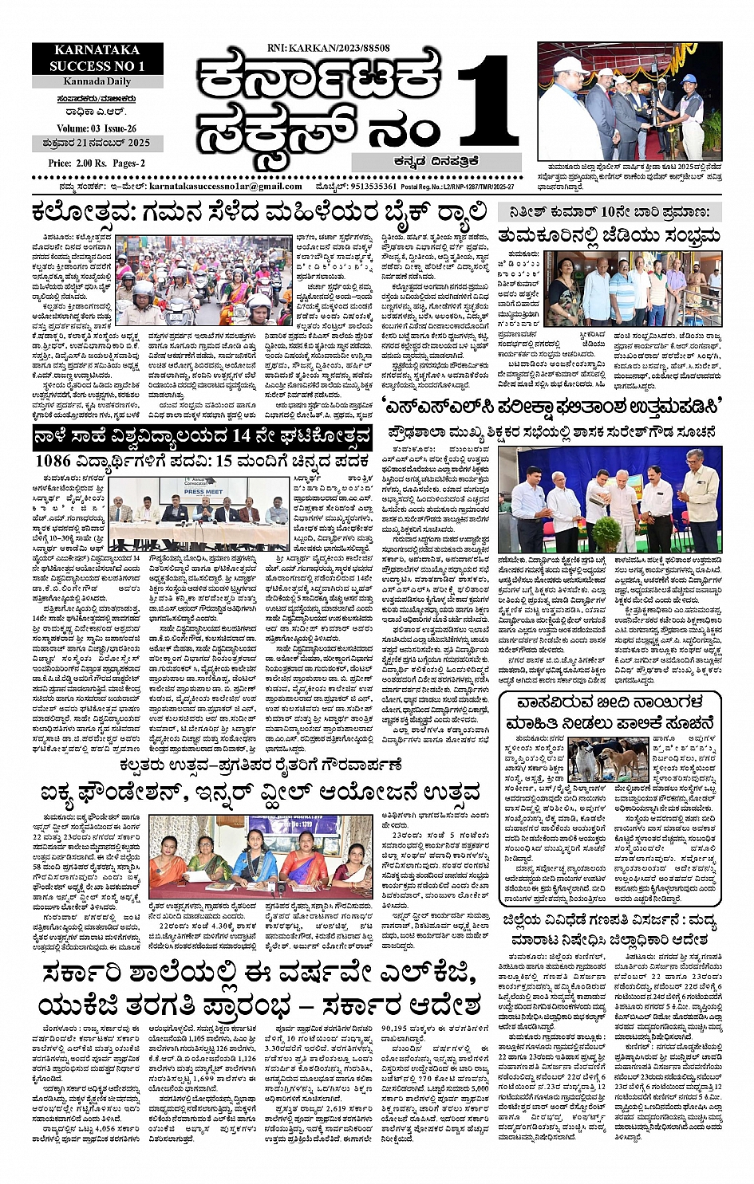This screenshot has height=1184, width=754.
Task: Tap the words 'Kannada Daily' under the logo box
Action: [97, 81]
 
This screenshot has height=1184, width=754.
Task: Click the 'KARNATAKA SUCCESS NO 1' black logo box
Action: [97, 58]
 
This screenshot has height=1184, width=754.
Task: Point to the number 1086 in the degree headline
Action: [53, 461]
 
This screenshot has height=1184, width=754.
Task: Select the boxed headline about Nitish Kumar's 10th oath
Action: [609, 212]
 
